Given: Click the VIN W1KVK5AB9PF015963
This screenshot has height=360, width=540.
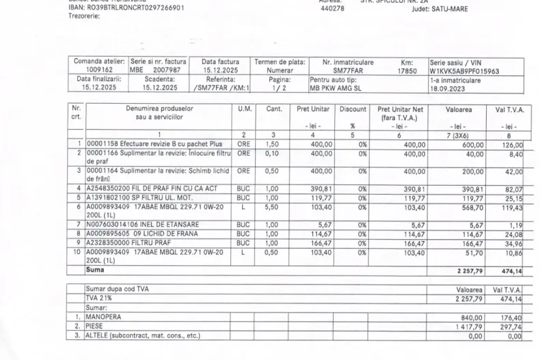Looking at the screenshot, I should point(464,70).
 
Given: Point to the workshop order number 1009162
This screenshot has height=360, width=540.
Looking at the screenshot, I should point(100,70).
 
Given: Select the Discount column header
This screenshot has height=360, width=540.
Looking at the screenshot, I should point(352,109).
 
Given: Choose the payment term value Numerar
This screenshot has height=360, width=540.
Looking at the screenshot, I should point(280,70).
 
